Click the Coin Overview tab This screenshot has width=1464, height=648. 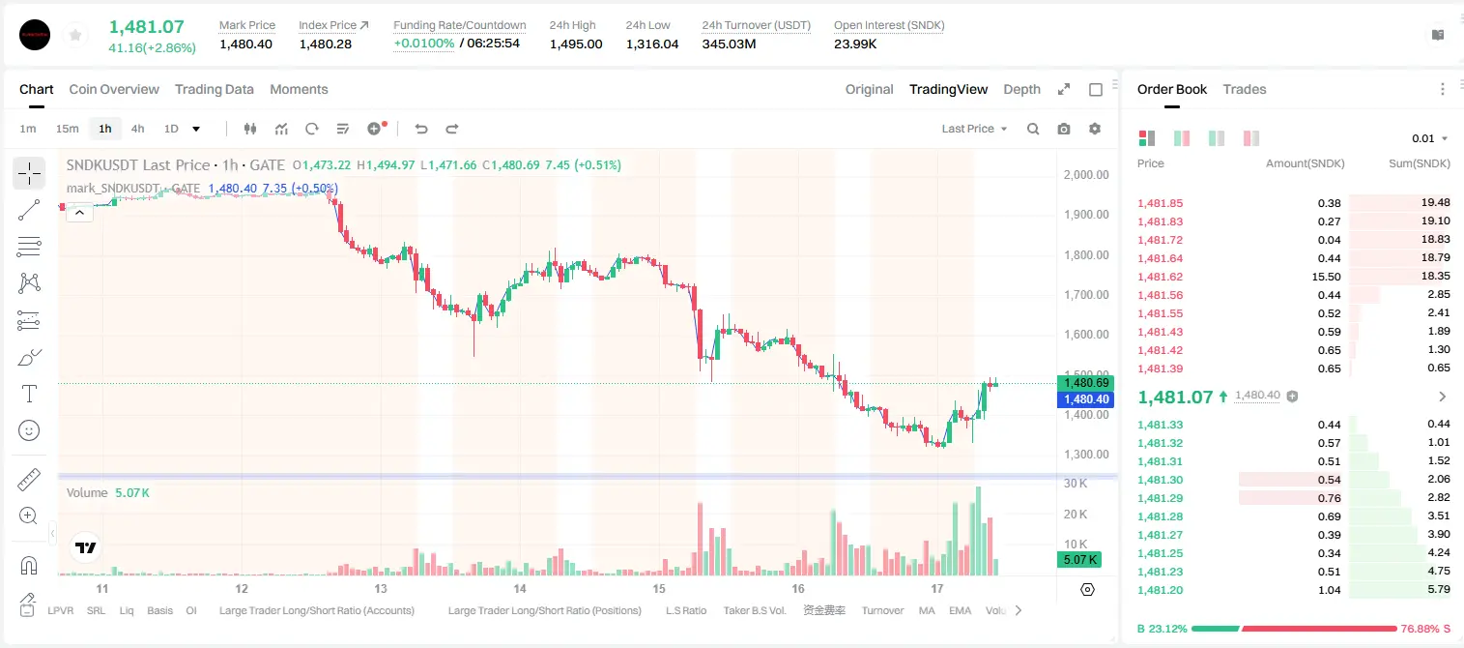(x=114, y=90)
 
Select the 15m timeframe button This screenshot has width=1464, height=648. (x=67, y=129)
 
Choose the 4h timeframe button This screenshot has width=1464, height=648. (x=137, y=129)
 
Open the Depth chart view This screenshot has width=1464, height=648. (x=1021, y=90)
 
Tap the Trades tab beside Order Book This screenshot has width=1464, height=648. (x=1244, y=90)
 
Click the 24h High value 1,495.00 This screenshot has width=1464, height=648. (x=576, y=44)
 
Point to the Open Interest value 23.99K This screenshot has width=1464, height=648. (x=855, y=44)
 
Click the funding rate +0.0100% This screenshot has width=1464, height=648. (x=423, y=44)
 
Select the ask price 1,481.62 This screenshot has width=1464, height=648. (x=1161, y=277)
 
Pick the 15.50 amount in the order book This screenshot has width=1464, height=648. (x=1326, y=277)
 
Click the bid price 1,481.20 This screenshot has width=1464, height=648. (x=1161, y=590)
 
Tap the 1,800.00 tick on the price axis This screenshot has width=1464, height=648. (x=1086, y=255)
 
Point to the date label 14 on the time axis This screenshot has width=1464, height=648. (x=520, y=588)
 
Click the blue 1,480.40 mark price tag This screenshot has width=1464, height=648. (x=1085, y=398)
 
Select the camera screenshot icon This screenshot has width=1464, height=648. (x=1064, y=129)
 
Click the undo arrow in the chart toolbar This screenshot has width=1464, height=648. (x=421, y=129)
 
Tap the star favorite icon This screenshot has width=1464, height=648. (x=75, y=35)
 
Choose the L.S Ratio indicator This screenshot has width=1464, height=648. (x=685, y=610)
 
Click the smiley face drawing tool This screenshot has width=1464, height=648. (x=29, y=430)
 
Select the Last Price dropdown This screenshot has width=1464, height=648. (x=974, y=129)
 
